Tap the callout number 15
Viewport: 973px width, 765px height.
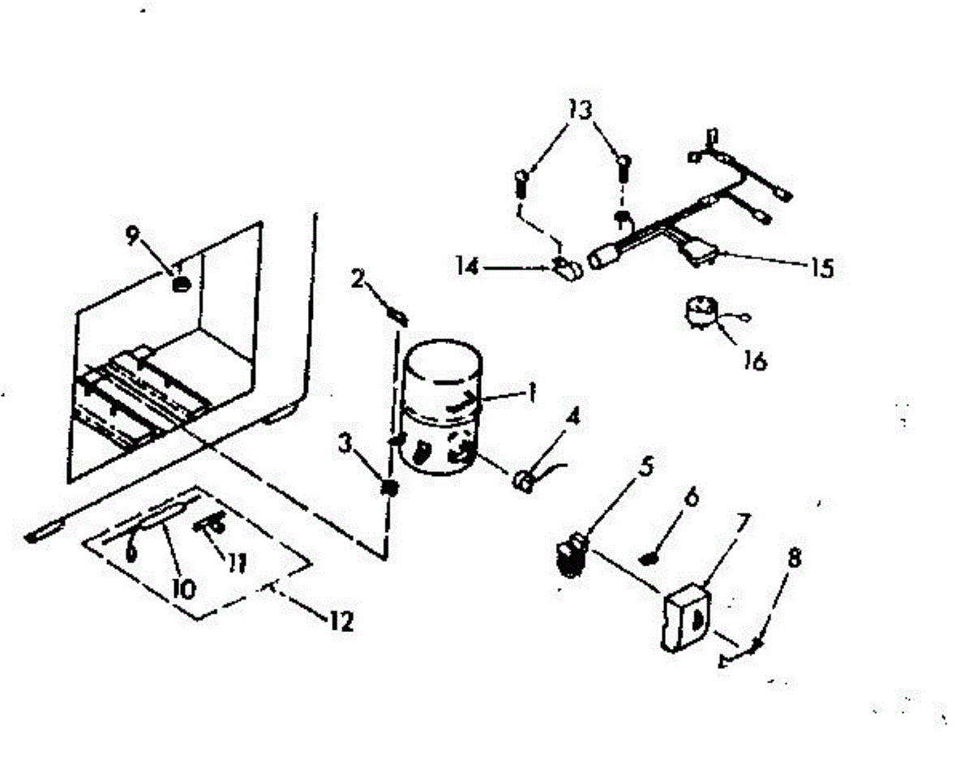click(821, 268)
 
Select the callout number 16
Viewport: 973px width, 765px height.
click(754, 359)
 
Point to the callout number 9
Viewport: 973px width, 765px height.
click(133, 236)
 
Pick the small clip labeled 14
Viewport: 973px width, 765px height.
click(568, 268)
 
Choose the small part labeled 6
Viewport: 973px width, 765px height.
click(649, 558)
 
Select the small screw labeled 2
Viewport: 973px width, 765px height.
click(397, 313)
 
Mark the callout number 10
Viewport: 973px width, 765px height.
click(183, 587)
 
